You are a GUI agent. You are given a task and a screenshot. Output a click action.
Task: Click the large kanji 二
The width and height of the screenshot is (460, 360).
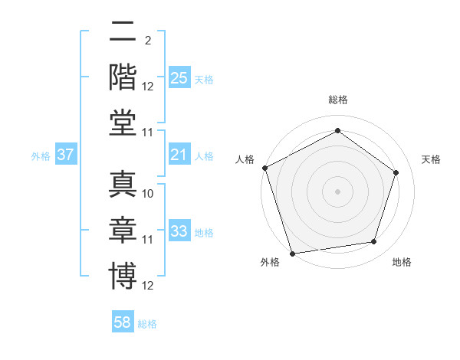tap(123, 33)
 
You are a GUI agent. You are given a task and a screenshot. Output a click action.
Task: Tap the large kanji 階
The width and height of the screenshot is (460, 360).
tap(123, 77)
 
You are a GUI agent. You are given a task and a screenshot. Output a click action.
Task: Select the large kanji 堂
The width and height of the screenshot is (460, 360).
tap(123, 123)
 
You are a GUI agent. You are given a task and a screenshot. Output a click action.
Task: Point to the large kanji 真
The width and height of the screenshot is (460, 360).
tap(123, 184)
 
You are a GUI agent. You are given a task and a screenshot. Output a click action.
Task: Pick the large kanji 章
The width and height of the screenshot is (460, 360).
tap(123, 230)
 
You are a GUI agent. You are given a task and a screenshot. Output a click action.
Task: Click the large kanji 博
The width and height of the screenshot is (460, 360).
tap(123, 276)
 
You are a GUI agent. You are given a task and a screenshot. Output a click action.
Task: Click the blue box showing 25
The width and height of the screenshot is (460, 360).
tap(179, 78)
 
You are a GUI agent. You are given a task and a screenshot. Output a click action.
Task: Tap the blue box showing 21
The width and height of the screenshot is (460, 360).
tap(179, 155)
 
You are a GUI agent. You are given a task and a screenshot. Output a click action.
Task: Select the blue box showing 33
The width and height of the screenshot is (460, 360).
tap(179, 232)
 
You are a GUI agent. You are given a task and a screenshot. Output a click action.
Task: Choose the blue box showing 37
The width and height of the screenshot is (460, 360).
tap(66, 155)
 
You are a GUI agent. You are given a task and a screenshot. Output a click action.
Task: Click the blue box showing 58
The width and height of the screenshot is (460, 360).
tap(123, 322)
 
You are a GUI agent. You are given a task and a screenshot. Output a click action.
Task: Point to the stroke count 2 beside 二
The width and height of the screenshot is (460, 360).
tap(147, 41)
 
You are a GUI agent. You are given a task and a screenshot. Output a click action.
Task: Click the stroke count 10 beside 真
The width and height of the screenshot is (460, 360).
tap(148, 194)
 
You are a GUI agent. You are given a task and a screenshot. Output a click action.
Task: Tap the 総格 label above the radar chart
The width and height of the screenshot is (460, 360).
tap(337, 100)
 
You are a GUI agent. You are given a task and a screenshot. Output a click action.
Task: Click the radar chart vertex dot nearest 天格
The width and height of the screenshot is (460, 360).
tap(396, 172)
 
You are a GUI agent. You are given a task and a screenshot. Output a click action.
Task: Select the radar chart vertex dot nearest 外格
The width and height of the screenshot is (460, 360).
tap(293, 253)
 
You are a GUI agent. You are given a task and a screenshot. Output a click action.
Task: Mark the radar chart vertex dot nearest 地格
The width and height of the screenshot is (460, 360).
tap(373, 242)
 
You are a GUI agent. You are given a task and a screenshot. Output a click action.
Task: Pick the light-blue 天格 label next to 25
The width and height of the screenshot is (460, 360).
tap(204, 80)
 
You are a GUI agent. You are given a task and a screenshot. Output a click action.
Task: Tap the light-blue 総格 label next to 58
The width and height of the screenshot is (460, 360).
tap(147, 324)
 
